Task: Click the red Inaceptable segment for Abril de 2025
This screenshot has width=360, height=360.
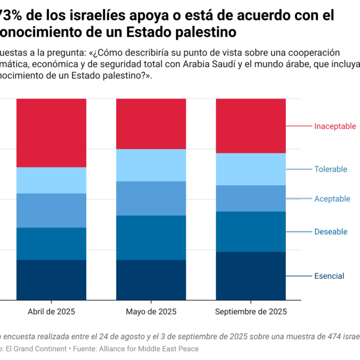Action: click(x=51, y=132)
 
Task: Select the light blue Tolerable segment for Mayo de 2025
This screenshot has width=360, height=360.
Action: click(x=151, y=165)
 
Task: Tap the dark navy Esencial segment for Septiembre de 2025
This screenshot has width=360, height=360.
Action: click(x=251, y=275)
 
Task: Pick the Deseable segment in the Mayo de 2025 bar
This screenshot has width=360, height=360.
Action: click(x=151, y=237)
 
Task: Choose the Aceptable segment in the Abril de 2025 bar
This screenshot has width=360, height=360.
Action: click(x=51, y=210)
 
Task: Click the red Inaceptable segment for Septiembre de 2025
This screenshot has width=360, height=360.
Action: click(x=251, y=126)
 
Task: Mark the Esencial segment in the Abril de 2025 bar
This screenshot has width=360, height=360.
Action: click(x=51, y=279)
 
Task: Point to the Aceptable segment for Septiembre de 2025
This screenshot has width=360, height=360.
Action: click(x=251, y=198)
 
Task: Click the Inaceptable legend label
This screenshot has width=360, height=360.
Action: click(x=335, y=126)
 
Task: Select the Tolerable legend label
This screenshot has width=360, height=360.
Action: click(x=331, y=169)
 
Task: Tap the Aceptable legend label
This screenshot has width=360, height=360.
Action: click(x=332, y=199)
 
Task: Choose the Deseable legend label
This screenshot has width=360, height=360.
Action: click(x=331, y=232)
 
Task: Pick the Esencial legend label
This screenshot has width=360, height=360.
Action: click(x=329, y=276)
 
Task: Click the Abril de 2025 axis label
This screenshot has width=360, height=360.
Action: click(x=51, y=311)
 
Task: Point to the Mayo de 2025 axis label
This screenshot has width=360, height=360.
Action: click(x=151, y=311)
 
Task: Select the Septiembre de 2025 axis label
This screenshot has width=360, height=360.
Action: click(x=251, y=311)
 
